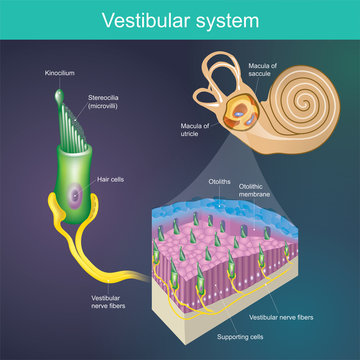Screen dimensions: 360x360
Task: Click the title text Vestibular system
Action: [x=180, y=19]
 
